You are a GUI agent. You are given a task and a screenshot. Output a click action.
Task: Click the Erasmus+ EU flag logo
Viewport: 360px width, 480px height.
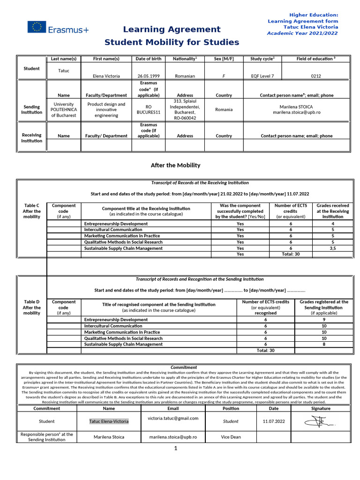37,27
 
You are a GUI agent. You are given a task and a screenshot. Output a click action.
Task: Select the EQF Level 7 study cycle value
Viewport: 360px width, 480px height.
262,75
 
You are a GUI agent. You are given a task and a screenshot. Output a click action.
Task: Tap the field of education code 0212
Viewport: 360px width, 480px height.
316,75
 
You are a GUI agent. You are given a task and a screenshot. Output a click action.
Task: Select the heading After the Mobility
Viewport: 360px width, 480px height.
175,165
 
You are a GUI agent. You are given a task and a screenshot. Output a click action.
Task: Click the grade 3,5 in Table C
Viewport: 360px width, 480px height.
332,248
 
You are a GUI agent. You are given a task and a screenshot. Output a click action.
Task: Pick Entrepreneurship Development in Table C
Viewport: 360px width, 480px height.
116,224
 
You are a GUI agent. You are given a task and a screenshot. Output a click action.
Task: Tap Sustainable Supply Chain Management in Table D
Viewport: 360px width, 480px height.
123,344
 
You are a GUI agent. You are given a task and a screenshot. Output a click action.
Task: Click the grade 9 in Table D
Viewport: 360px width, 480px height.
324,320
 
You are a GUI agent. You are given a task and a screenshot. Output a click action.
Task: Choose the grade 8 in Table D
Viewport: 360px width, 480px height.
324,344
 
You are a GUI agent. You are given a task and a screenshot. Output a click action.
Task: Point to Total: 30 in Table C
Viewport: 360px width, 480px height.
291,254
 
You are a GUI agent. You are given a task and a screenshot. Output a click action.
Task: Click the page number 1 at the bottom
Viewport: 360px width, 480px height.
175,449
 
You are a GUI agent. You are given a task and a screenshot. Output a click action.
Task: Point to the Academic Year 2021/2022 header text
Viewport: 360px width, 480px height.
302,33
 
